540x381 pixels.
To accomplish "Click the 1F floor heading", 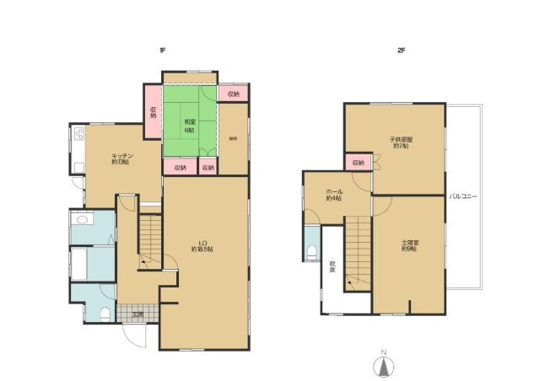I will (x=161, y=51).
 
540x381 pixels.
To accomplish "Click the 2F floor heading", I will (x=402, y=51).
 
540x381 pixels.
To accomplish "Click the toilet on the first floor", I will (x=105, y=314).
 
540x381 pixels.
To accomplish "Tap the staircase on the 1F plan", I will (x=149, y=241).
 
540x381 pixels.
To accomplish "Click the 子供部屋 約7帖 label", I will (x=399, y=142).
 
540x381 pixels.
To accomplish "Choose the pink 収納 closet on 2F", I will (x=358, y=162).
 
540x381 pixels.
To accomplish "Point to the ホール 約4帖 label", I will (x=333, y=195).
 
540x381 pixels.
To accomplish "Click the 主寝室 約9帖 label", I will (x=409, y=245).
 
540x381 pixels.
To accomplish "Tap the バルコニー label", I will (x=463, y=196).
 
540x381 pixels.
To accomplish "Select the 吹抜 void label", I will (x=332, y=268).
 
